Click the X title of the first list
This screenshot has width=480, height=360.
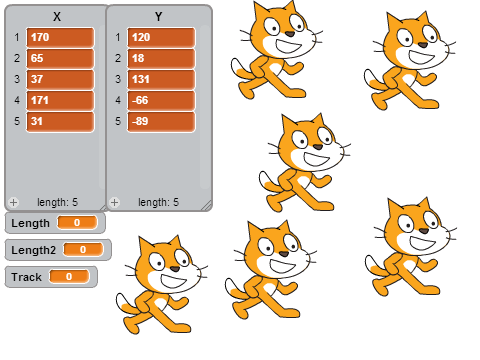pos(57,17)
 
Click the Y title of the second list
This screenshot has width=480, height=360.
pos(158,17)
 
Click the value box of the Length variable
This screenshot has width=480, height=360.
pos(77,223)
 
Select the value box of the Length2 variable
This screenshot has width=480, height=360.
pos(83,249)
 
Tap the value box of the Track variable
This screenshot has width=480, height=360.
pos(69,276)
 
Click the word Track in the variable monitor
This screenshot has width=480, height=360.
pos(26,277)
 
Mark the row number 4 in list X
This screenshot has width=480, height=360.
pos(17,100)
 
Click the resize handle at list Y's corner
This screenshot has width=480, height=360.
pos(207,206)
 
